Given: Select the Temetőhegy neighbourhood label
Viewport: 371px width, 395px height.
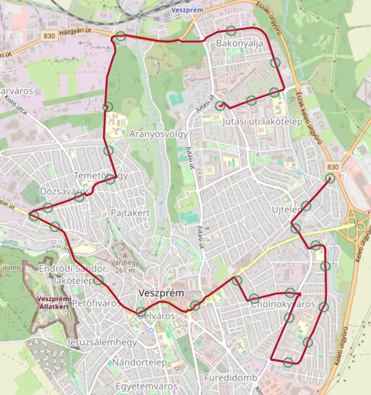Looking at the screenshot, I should click(x=100, y=176).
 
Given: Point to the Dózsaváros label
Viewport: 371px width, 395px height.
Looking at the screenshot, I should click(x=65, y=191).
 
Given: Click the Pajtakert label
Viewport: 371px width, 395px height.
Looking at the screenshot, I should click(x=131, y=213).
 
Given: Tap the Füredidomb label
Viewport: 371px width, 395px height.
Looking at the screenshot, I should click(x=231, y=378).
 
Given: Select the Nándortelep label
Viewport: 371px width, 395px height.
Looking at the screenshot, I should click(x=140, y=363).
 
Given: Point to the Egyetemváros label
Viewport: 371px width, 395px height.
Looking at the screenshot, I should click(x=146, y=386).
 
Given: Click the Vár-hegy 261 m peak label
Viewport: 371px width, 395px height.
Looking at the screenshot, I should click(x=124, y=266).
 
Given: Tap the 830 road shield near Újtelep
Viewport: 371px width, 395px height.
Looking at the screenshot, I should click(x=333, y=167).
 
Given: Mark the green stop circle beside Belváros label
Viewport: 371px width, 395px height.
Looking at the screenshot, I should click(x=140, y=311).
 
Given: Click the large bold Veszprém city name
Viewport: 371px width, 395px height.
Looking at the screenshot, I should click(x=161, y=293).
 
